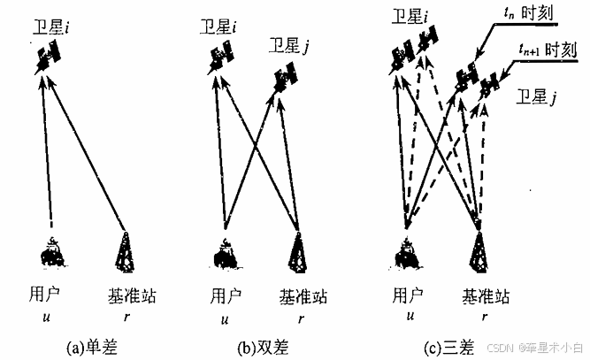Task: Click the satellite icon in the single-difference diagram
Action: pyautogui.click(x=48, y=60)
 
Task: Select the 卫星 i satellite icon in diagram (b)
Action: pyautogui.click(x=221, y=59)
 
